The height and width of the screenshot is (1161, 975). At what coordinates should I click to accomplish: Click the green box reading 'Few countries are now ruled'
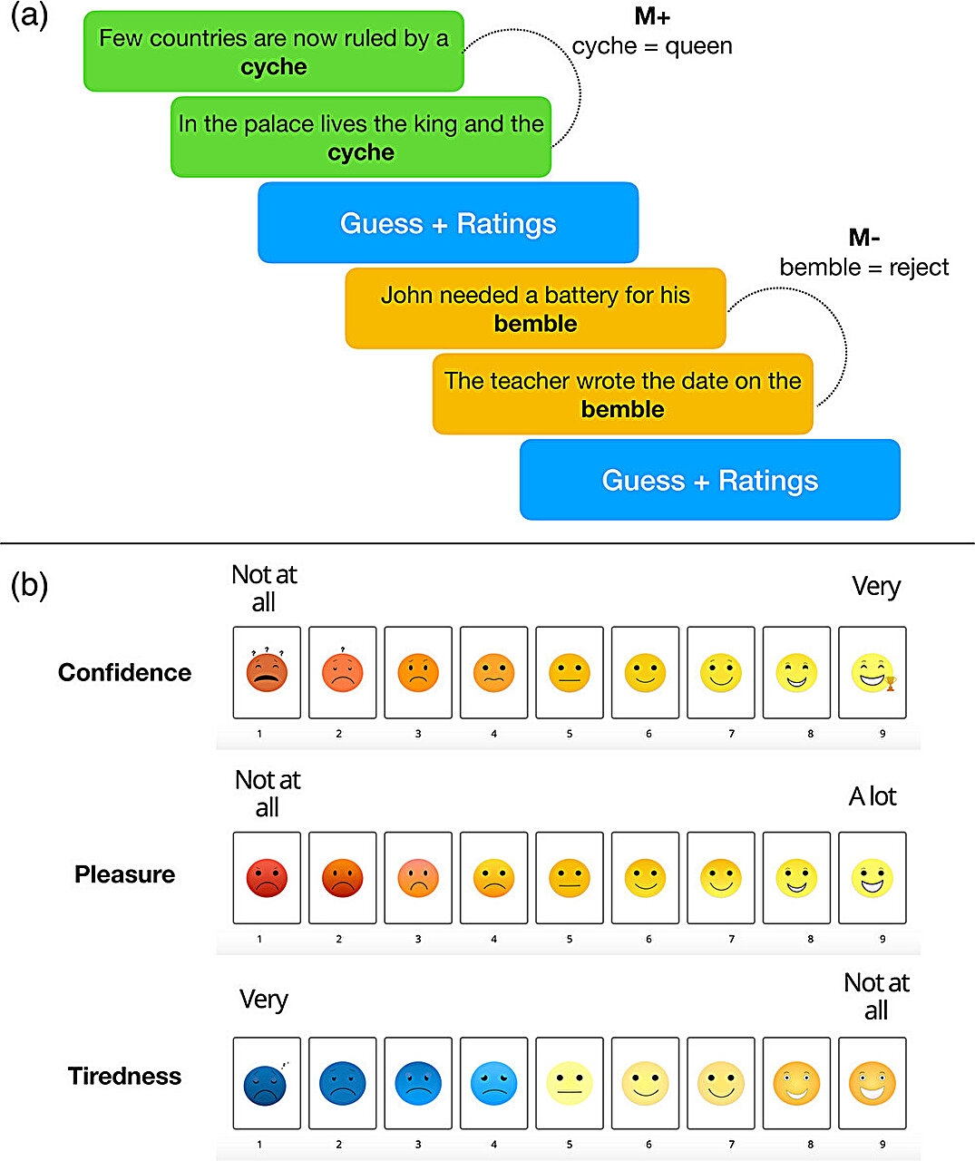coord(273,52)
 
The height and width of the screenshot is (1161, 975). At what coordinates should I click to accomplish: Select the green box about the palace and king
coord(360,137)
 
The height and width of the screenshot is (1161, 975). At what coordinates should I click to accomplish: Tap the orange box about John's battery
coord(535,308)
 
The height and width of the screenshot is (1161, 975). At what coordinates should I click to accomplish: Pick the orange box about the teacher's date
coord(622,394)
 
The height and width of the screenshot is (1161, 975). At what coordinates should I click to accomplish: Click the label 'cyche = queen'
coord(652,46)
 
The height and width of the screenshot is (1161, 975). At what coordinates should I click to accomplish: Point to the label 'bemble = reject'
coord(863,268)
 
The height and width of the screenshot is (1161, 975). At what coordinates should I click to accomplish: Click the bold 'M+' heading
coord(652,18)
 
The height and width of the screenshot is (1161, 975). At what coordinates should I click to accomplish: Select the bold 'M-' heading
coord(863,238)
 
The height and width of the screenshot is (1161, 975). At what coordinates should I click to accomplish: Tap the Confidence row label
coord(125,672)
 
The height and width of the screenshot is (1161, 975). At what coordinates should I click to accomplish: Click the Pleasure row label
coord(125,874)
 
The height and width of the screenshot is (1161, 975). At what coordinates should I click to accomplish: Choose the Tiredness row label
coord(125,1076)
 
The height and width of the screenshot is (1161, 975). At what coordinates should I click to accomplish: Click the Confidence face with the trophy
coord(873,673)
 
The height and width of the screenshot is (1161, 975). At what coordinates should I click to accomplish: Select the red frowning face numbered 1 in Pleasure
coord(266,878)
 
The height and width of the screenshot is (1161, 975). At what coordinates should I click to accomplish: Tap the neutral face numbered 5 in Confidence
coord(570,673)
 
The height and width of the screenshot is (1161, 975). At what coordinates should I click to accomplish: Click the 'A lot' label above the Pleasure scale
coord(873,796)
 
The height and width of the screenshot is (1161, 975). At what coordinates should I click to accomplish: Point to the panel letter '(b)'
coord(29,585)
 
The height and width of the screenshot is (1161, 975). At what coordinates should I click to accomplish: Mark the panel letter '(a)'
coord(29,16)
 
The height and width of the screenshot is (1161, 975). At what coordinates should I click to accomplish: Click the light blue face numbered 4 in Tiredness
coord(493,1083)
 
